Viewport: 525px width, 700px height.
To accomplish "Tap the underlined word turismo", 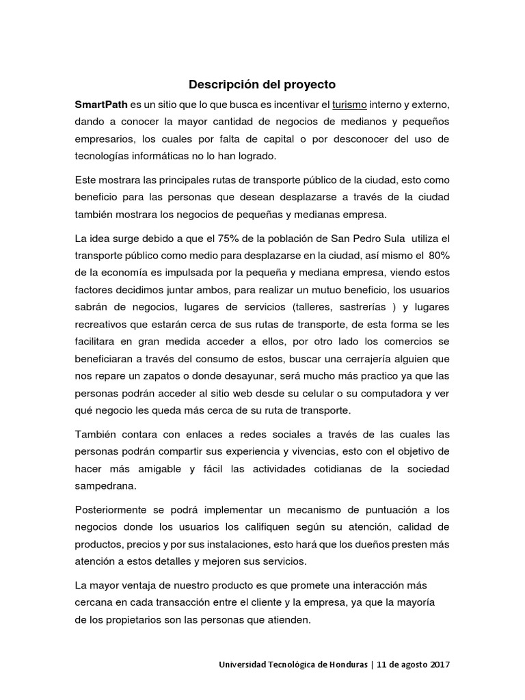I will tap(349, 105).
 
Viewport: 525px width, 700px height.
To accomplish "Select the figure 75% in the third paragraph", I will tap(229, 237).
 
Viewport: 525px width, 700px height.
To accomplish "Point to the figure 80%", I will tap(437, 254).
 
